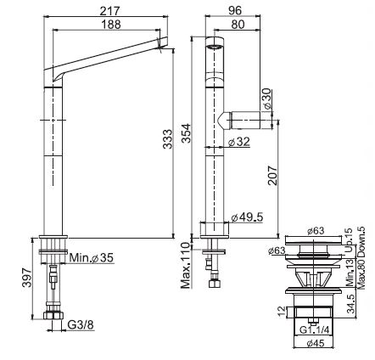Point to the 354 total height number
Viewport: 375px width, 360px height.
point(186,133)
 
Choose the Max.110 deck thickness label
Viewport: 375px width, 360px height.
point(186,267)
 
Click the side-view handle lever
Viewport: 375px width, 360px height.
point(246,119)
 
